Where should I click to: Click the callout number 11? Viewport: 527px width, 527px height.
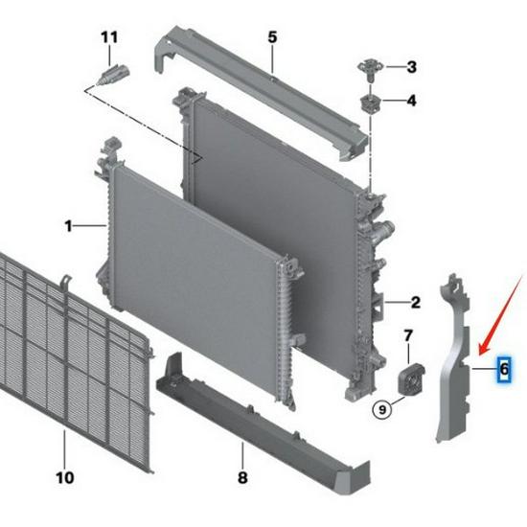(x=109, y=37)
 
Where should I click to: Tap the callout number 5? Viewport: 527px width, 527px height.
(x=272, y=37)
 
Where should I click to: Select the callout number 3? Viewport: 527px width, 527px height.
(x=412, y=67)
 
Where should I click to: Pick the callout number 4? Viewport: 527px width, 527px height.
(x=411, y=101)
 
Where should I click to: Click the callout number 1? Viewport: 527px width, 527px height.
(x=69, y=226)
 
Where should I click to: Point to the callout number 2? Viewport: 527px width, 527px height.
(x=416, y=303)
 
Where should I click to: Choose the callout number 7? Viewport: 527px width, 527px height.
(x=408, y=335)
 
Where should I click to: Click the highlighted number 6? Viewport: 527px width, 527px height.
(x=504, y=369)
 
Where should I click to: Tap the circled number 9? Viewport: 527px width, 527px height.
(x=382, y=410)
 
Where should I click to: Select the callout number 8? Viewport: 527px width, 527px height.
(x=242, y=477)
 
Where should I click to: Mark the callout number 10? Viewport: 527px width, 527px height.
(x=65, y=477)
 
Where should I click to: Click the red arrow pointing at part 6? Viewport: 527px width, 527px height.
(x=501, y=315)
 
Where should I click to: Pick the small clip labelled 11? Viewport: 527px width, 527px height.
(x=113, y=75)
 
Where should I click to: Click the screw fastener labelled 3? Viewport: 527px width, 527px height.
(x=370, y=69)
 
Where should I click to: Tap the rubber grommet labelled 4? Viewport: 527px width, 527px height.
(x=370, y=103)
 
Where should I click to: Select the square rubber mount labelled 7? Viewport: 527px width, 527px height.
(x=411, y=378)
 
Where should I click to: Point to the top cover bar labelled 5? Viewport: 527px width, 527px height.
(x=259, y=92)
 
